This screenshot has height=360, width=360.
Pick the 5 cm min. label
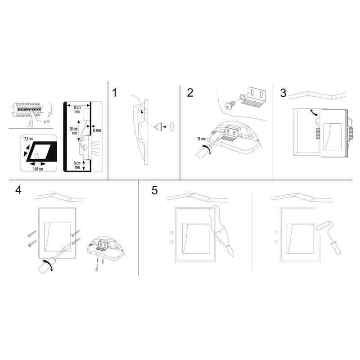(77, 164)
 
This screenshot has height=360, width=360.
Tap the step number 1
(115, 93)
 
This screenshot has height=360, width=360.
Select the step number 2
(190, 93)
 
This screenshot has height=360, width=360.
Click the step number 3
(283, 93)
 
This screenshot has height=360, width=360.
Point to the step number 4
(18, 190)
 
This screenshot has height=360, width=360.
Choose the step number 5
(154, 190)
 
